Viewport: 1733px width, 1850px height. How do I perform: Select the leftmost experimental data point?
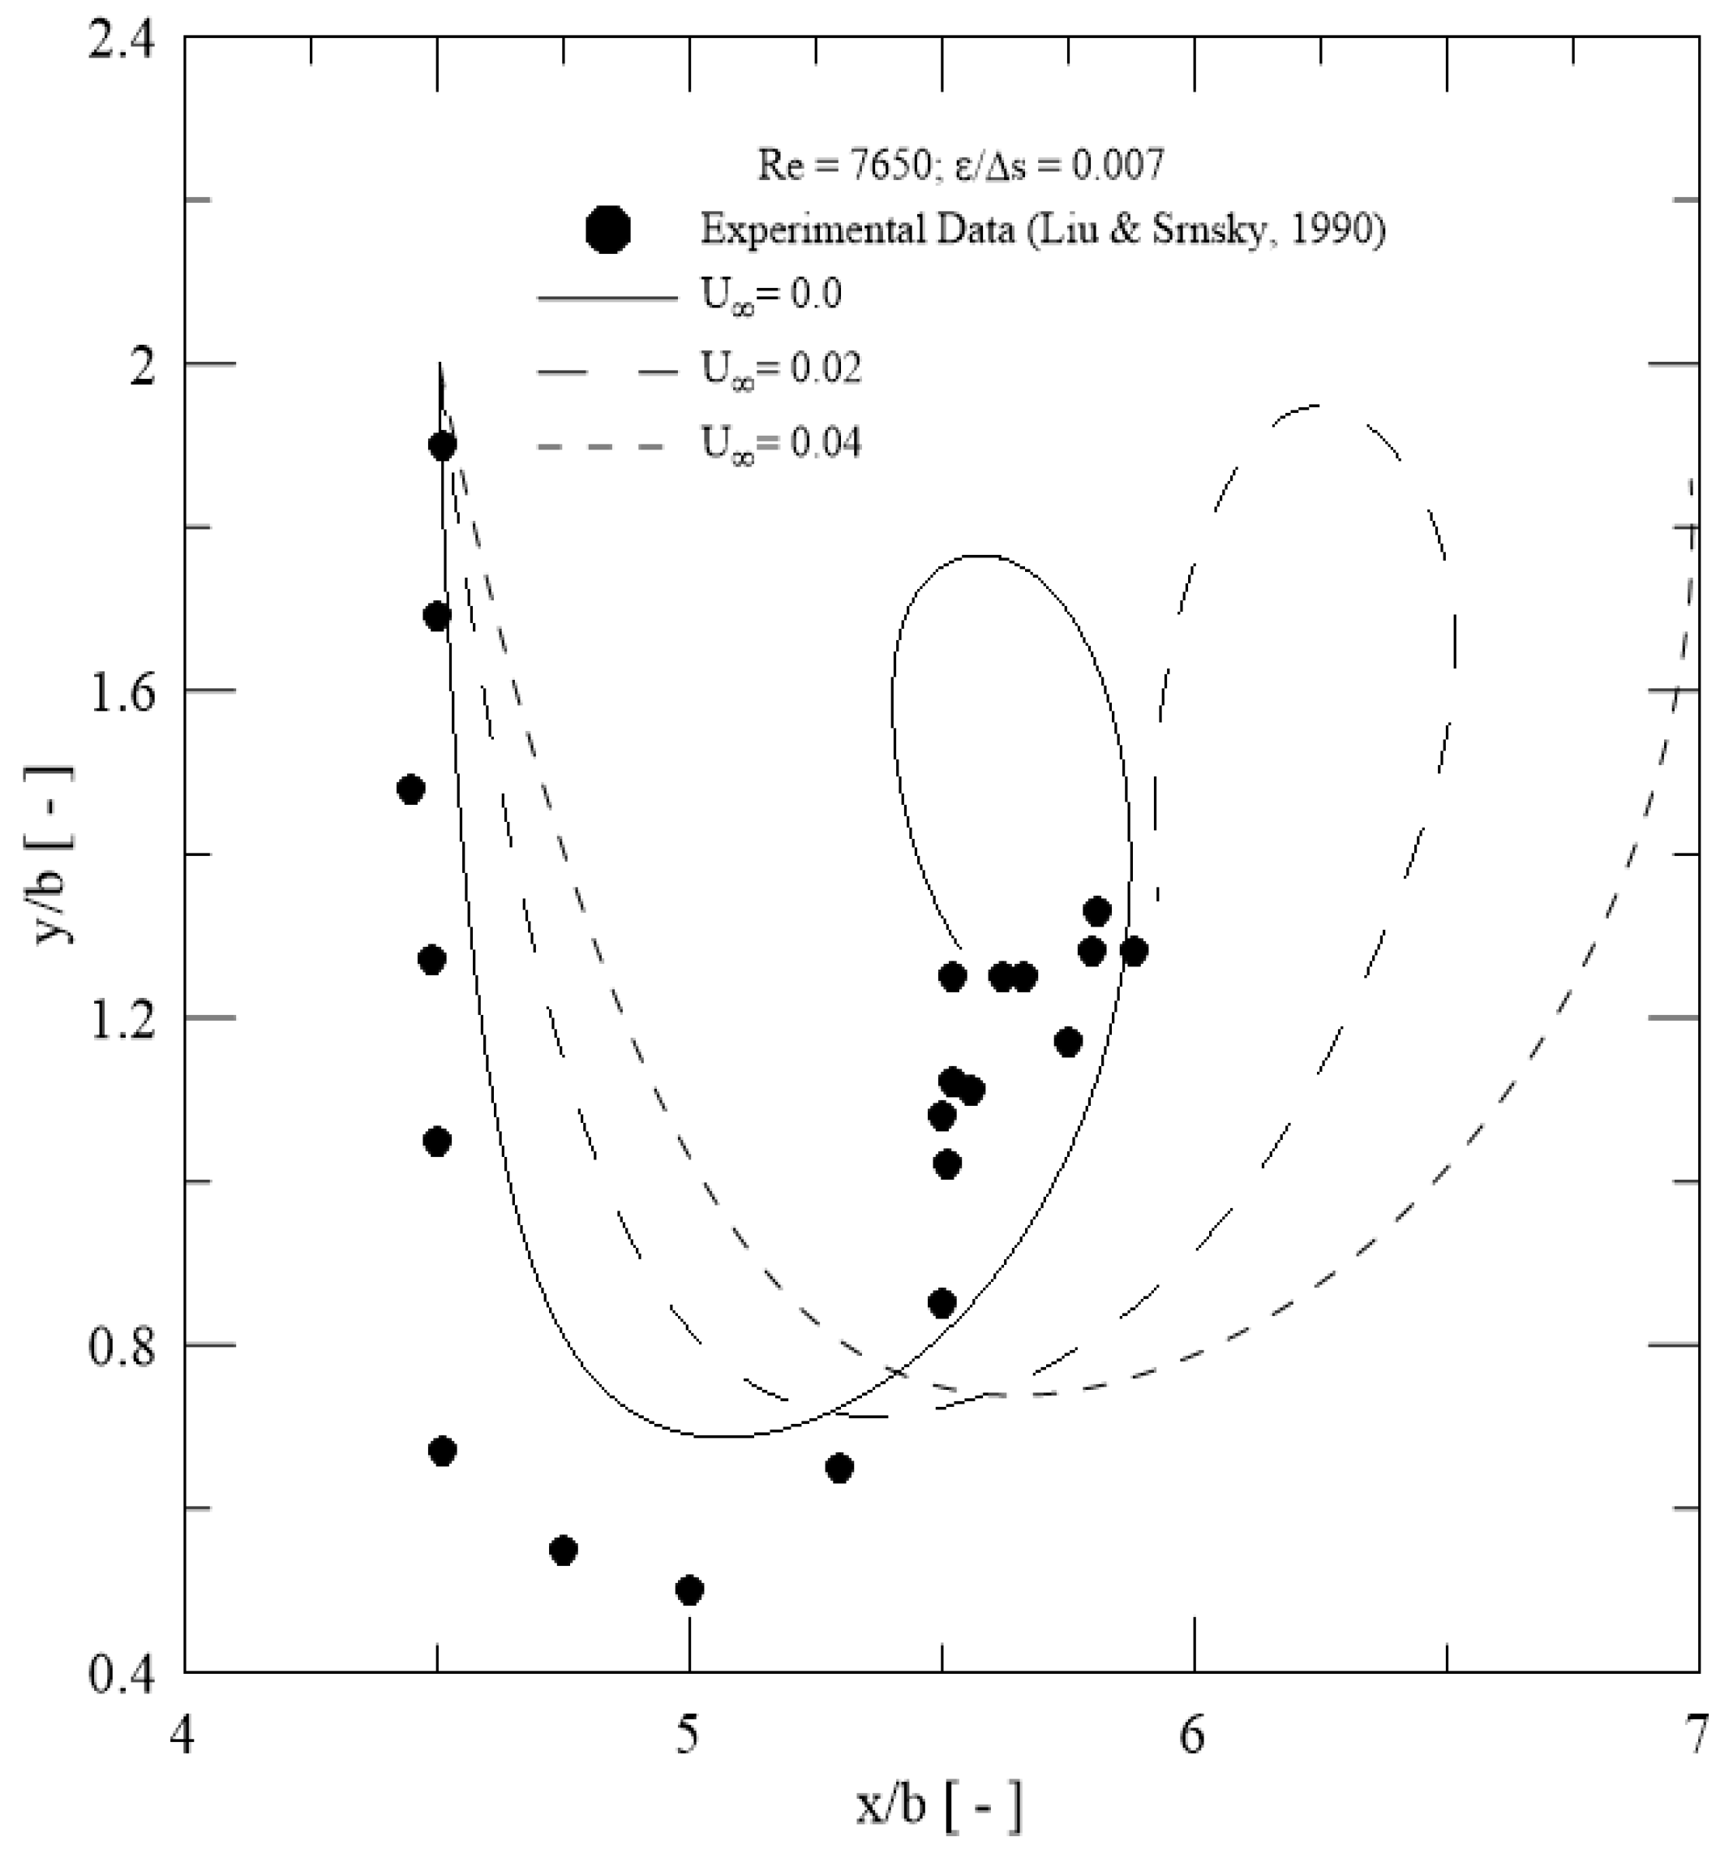pyautogui.click(x=410, y=790)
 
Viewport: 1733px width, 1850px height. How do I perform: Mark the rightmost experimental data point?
pyautogui.click(x=1133, y=952)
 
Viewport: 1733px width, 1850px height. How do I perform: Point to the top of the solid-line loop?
pyautogui.click(x=981, y=557)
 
